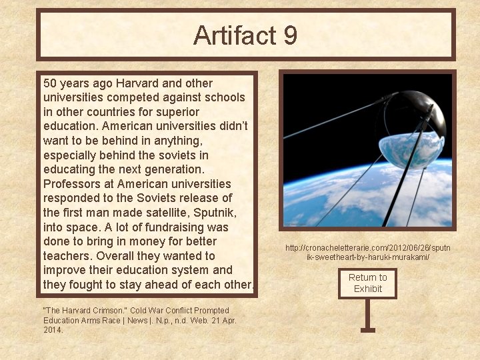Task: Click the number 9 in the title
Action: pos(289,35)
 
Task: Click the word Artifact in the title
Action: pos(235,35)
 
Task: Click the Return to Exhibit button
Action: pos(367,283)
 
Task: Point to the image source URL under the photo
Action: pos(367,252)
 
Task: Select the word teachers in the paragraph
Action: pos(67,256)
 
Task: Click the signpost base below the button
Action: pos(367,329)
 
